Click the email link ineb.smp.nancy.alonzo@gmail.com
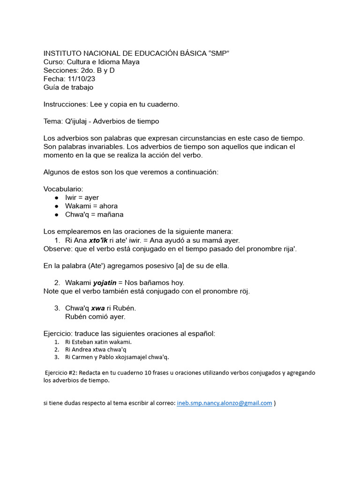pos(224,403)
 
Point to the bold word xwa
pos(97,308)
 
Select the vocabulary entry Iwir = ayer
pos(82,197)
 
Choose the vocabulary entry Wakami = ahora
pos(91,206)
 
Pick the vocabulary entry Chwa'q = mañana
pos(94,214)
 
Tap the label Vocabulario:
pos(63,189)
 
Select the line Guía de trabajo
pos(68,87)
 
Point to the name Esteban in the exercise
pos(83,342)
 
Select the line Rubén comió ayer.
pos(95,316)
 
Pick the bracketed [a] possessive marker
pos(180,266)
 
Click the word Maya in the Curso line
pos(130,62)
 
